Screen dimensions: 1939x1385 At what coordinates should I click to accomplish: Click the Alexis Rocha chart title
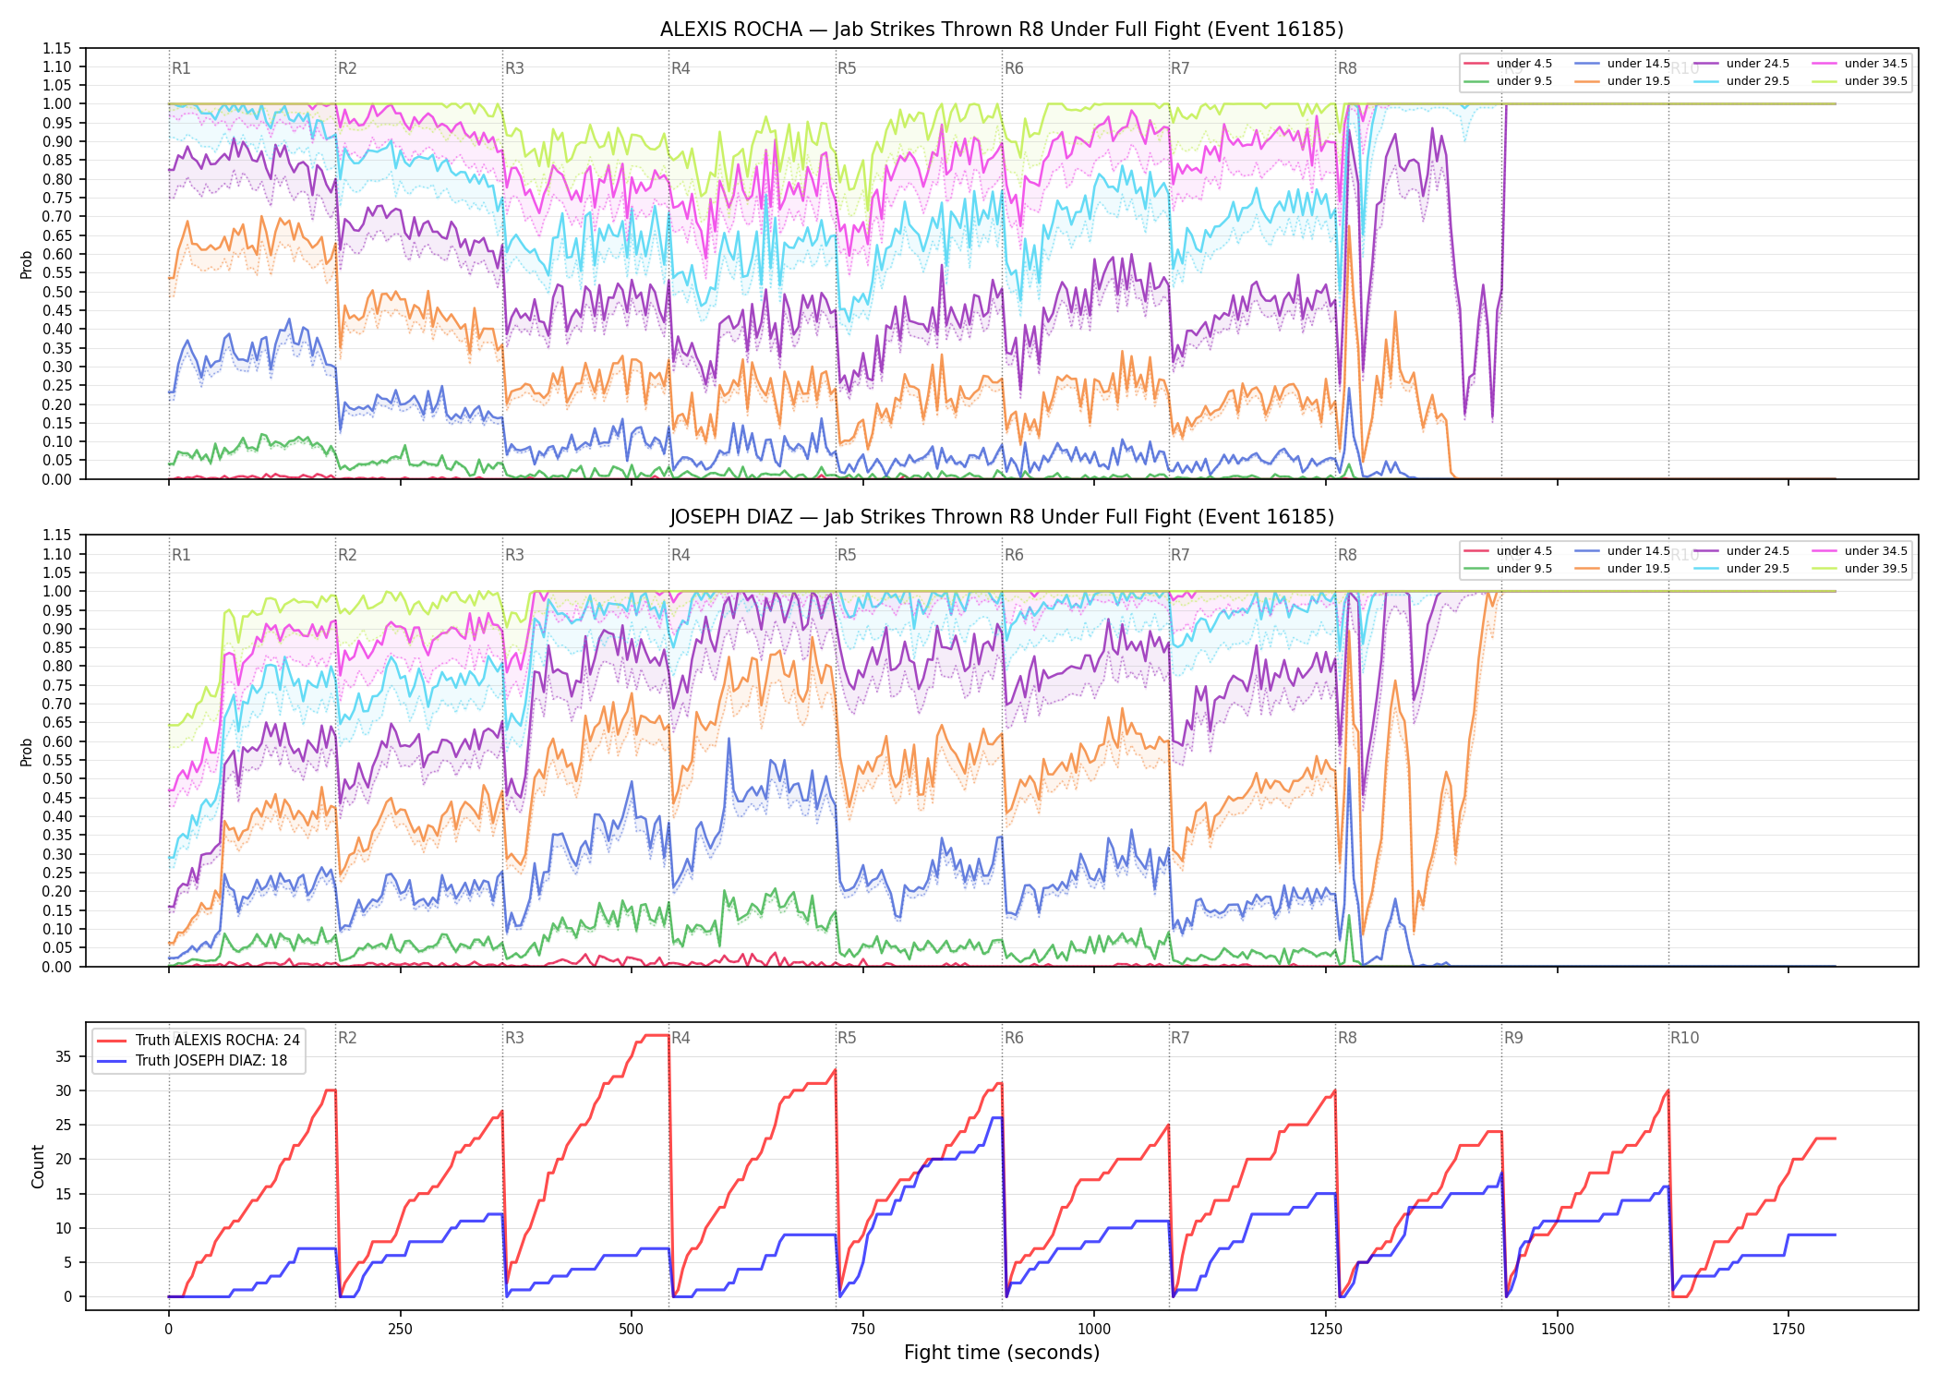click(x=1002, y=30)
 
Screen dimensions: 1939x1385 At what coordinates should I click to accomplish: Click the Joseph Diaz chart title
click(x=1002, y=517)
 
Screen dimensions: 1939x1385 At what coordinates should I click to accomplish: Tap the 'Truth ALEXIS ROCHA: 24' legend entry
click(x=199, y=1040)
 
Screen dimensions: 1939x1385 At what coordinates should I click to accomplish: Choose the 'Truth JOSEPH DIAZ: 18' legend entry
click(x=192, y=1060)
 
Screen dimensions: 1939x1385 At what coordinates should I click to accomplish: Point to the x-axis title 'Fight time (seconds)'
click(x=1002, y=1353)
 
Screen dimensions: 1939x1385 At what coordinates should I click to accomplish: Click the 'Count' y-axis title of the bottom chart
click(x=38, y=1166)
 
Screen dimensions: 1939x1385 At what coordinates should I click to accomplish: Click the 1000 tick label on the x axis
click(x=1094, y=1330)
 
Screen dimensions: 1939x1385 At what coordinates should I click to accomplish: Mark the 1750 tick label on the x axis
click(x=1788, y=1330)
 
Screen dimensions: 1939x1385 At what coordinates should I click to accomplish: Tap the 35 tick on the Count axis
click(x=64, y=1056)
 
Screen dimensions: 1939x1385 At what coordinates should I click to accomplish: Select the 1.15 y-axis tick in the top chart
click(x=57, y=48)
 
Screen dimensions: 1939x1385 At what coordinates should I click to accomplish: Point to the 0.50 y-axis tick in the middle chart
click(x=57, y=778)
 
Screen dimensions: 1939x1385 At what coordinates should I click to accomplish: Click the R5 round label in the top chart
click(x=847, y=68)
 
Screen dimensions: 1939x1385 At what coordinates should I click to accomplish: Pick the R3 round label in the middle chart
click(x=514, y=555)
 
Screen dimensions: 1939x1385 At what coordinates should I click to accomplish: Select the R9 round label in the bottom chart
click(x=1513, y=1038)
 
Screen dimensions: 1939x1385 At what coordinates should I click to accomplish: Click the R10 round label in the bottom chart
click(x=1684, y=1038)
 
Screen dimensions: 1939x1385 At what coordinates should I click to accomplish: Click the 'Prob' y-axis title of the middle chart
click(x=27, y=752)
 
